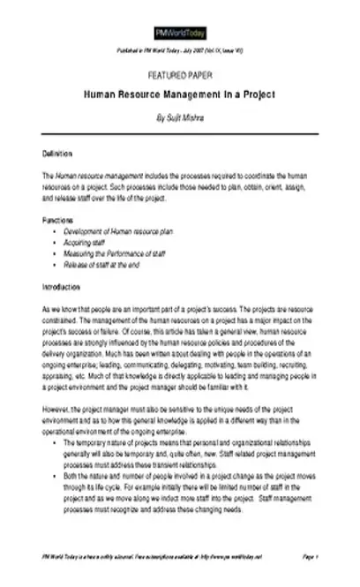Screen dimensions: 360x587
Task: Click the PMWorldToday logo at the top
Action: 179,33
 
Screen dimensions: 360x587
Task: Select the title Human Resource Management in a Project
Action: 179,94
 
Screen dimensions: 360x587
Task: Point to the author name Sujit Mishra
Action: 179,115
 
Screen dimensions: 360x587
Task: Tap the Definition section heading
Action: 57,154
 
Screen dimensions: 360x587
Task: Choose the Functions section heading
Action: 57,219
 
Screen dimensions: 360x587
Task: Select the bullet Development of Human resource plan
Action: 117,230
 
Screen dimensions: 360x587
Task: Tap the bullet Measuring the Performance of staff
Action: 114,253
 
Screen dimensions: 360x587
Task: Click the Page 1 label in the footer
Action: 309,558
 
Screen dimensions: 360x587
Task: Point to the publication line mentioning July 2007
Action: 179,54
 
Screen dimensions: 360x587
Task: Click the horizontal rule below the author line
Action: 179,133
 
